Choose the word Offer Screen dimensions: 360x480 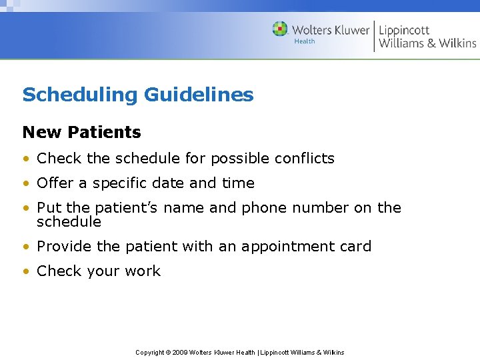[x=55, y=183]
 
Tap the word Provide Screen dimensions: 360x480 [x=65, y=247]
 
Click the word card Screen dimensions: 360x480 [x=355, y=247]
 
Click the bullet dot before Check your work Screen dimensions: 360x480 [x=26, y=271]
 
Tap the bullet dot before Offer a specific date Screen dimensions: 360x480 [x=26, y=183]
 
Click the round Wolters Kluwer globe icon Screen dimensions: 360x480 [x=280, y=29]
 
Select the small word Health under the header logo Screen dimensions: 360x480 [x=305, y=41]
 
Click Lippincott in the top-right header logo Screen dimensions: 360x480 [x=404, y=30]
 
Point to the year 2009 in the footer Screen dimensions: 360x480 [x=180, y=353]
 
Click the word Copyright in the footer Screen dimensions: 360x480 [x=150, y=353]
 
